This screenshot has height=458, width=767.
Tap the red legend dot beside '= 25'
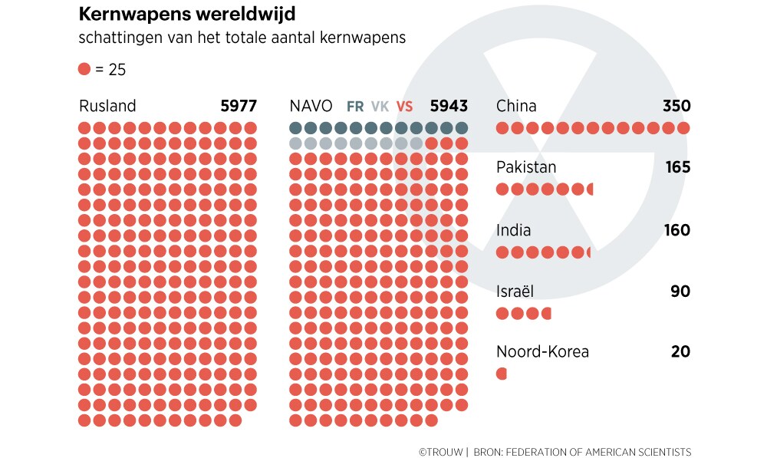coord(84,69)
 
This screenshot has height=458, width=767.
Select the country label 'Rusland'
coord(107,106)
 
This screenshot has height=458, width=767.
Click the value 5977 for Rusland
coord(239,106)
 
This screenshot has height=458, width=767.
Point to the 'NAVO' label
coord(311,106)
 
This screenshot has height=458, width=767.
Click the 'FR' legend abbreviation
coord(355,107)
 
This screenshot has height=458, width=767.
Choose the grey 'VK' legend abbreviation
coord(380,107)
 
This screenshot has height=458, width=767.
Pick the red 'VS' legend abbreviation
coord(404,107)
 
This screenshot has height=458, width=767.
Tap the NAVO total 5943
coord(449,106)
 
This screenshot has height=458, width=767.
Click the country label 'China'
coord(516,106)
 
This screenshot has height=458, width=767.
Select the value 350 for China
coord(676,106)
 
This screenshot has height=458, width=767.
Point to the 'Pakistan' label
coord(526,167)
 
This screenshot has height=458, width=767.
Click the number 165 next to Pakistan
coord(678,167)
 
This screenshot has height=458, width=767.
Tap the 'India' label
coord(513,230)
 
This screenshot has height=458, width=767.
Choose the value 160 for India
coord(677,230)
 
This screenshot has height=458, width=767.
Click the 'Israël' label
coord(515,292)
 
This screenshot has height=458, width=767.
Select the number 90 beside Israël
coord(680,292)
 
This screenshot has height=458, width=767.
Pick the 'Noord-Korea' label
coord(542,352)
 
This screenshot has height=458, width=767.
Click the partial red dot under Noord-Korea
coord(502,374)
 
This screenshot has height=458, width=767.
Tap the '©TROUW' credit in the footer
coord(440,452)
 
